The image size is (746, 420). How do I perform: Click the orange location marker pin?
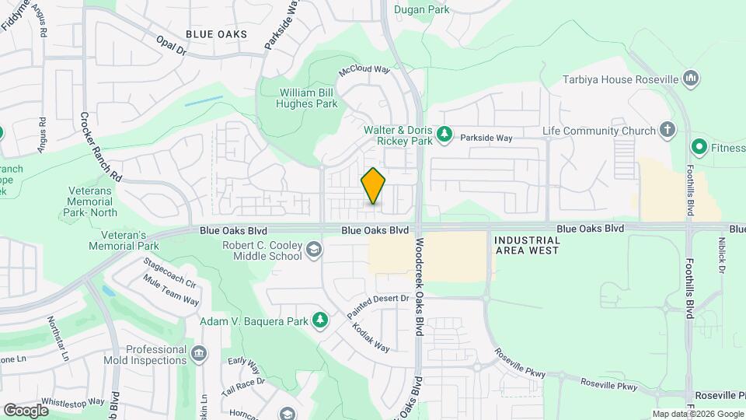pos(374,186)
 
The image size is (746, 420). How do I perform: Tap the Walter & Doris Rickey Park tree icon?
pos(444,135)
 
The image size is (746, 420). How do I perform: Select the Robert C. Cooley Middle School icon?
pos(313,250)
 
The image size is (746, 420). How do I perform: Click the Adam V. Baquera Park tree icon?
pos(319,320)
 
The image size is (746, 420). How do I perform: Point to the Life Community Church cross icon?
pos(667,130)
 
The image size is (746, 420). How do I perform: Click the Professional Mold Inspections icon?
pos(199,355)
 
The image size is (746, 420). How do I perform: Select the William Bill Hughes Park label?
pos(309,98)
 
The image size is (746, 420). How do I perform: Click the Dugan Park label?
pos(423,9)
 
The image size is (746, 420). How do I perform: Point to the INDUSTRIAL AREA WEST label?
pos(527,246)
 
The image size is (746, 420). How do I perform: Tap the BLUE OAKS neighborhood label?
pos(217,34)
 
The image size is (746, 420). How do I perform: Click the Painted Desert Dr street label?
pos(378,304)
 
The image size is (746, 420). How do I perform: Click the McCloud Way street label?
pos(364,70)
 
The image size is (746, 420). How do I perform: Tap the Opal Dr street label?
pos(171,46)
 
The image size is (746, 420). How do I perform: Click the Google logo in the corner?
pos(26,410)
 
